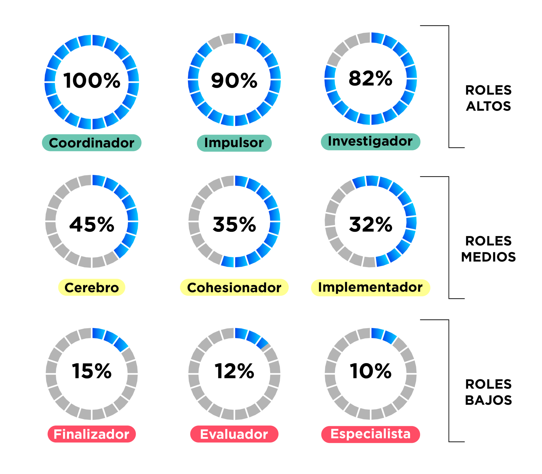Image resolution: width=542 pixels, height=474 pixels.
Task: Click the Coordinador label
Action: pos(92,143)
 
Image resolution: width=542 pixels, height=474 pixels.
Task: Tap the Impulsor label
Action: pos(234,143)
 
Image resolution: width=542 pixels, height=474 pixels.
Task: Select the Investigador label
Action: pos(370,142)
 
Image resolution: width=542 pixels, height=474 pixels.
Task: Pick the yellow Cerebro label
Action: pos(92,287)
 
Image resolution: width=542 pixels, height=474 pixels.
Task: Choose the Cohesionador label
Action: pos(234,287)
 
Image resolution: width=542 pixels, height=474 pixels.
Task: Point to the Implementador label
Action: pos(370,288)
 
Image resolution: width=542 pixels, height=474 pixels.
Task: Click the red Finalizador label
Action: pos(92,434)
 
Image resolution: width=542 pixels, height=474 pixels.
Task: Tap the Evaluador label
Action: pos(234,434)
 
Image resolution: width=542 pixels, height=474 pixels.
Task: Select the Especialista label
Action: pos(370,434)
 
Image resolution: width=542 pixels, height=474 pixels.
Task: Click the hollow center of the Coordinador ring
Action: pos(92,82)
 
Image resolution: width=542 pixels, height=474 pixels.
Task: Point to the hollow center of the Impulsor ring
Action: pos(234,79)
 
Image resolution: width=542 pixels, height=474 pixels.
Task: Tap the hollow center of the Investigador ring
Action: pos(371,79)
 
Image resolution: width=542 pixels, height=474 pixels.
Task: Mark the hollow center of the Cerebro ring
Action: pos(92,221)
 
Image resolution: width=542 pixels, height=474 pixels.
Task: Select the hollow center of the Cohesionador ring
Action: pos(234,221)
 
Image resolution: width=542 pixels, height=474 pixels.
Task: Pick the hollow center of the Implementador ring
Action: pos(371,221)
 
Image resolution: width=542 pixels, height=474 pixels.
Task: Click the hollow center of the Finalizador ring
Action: pos(92,374)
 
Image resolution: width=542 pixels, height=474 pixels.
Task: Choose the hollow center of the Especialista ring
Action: pos(371,374)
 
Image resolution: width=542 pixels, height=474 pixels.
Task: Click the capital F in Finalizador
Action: pos(57,434)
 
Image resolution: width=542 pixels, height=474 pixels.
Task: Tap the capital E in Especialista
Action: pos(335,434)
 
